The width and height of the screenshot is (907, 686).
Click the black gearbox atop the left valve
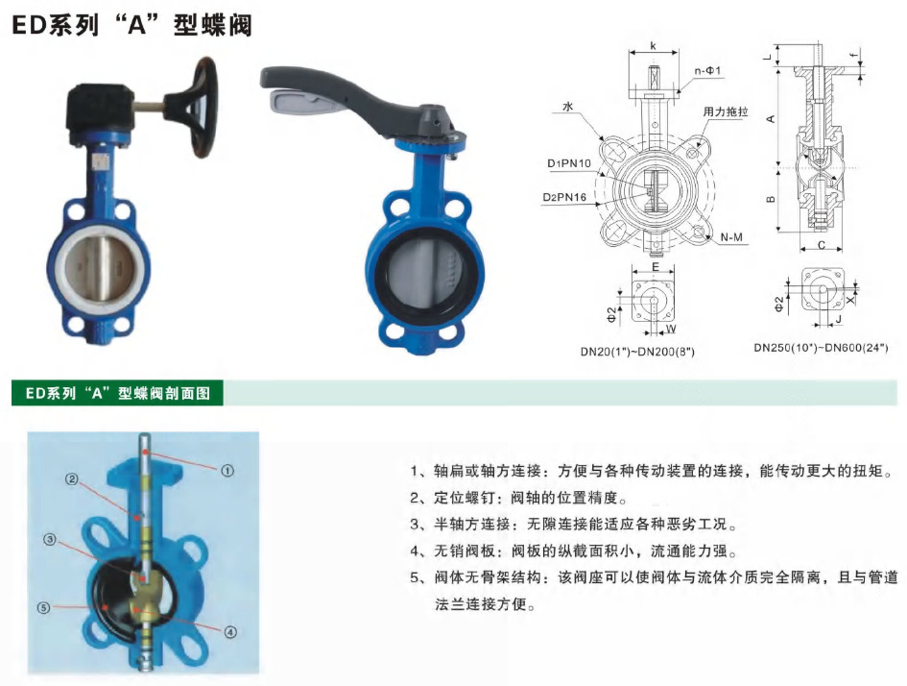pos(101,111)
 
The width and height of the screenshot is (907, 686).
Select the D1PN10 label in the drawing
pos(569,163)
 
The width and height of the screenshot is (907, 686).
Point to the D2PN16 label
pos(564,197)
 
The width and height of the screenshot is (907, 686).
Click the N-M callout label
pos(731,237)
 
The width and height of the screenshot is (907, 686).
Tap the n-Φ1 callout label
pos(708,71)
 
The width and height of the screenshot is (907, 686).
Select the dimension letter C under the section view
pos(822,245)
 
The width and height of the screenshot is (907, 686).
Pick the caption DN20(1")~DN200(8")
pos(637,352)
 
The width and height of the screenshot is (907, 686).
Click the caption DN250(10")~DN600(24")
pos(821,348)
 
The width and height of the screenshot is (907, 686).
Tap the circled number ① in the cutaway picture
pos(227,471)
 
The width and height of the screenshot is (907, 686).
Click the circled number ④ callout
pos(230,632)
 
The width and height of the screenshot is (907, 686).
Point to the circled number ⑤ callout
pos(43,608)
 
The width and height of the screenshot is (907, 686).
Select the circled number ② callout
pos(71,479)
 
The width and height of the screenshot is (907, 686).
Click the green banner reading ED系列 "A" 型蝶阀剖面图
pos(117,393)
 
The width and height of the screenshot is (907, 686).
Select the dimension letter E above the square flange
pos(656,267)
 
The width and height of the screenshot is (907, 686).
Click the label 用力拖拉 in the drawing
pos(726,111)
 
